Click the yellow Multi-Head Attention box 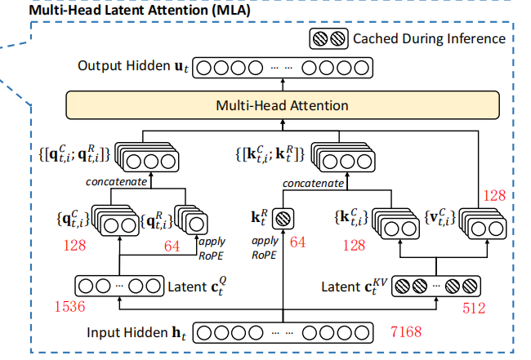pos(282,105)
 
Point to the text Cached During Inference pos(428,38)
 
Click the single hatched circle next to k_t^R pos(282,219)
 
